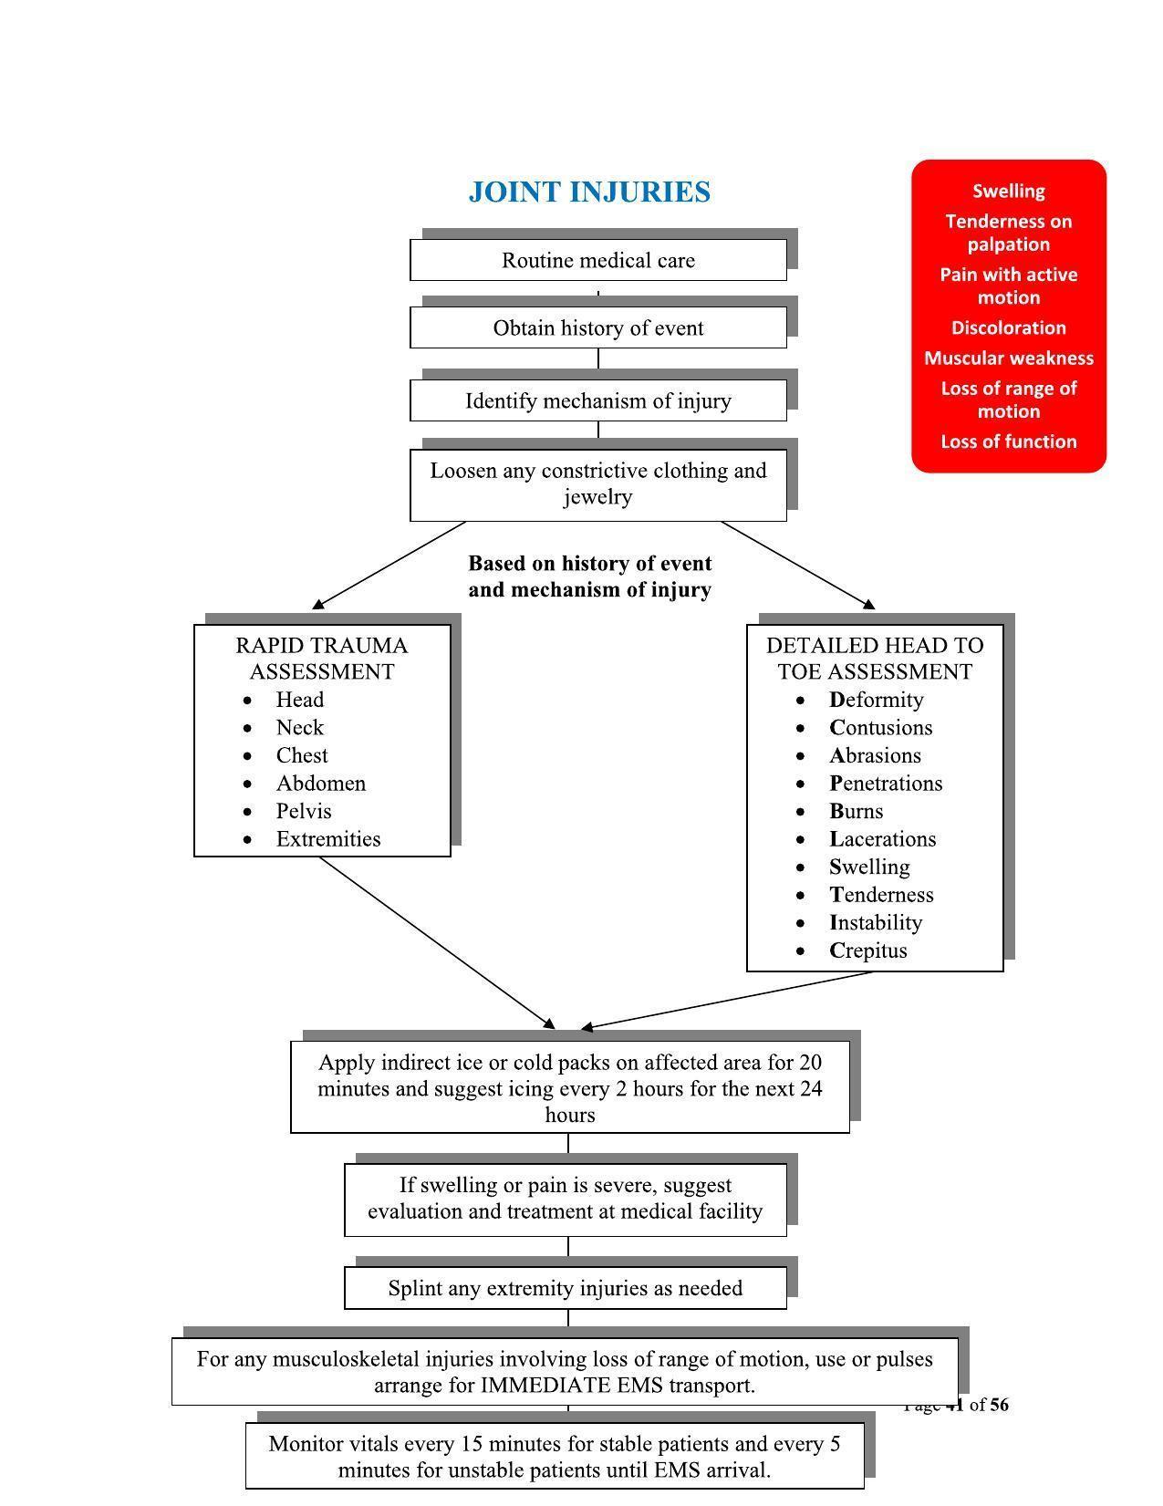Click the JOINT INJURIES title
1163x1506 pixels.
pyautogui.click(x=589, y=192)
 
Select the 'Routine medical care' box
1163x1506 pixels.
pyautogui.click(x=598, y=261)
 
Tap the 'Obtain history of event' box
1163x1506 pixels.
pyautogui.click(x=598, y=328)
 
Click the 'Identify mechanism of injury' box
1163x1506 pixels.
pyautogui.click(x=598, y=401)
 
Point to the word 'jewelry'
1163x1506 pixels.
pyautogui.click(x=598, y=497)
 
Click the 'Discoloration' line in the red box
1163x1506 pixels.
pyautogui.click(x=1008, y=328)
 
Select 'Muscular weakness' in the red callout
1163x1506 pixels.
pyautogui.click(x=1008, y=358)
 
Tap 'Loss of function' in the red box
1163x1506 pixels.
pyautogui.click(x=1008, y=442)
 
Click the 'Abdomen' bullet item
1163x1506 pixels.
pyautogui.click(x=320, y=784)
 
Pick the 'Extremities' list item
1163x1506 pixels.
pyautogui.click(x=327, y=839)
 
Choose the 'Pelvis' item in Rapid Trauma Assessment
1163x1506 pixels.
pyautogui.click(x=303, y=812)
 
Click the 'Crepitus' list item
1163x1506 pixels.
pyautogui.click(x=868, y=950)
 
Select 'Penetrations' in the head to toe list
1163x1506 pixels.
pyautogui.click(x=886, y=784)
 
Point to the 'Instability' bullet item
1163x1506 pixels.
pyautogui.click(x=876, y=923)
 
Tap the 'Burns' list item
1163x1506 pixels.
pyautogui.click(x=856, y=812)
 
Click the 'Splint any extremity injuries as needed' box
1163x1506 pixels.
pyautogui.click(x=566, y=1289)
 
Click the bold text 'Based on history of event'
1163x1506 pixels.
pyautogui.click(x=589, y=564)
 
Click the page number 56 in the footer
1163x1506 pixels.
pyautogui.click(x=998, y=1405)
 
